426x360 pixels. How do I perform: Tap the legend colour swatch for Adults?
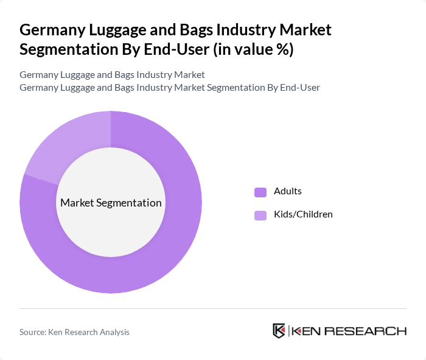pyautogui.click(x=260, y=192)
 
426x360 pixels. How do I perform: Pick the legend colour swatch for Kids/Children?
pyautogui.click(x=260, y=215)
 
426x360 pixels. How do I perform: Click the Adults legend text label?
pyautogui.click(x=288, y=191)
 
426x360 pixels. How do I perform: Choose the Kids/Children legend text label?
pyautogui.click(x=303, y=214)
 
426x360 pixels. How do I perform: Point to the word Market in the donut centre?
pyautogui.click(x=77, y=203)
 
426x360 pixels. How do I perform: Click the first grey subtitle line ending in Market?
pyautogui.click(x=112, y=75)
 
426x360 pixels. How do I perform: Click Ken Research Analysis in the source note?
pyautogui.click(x=91, y=332)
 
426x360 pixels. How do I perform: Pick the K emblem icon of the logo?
pyautogui.click(x=279, y=331)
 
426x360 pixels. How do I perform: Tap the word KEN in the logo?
pyautogui.click(x=307, y=331)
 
